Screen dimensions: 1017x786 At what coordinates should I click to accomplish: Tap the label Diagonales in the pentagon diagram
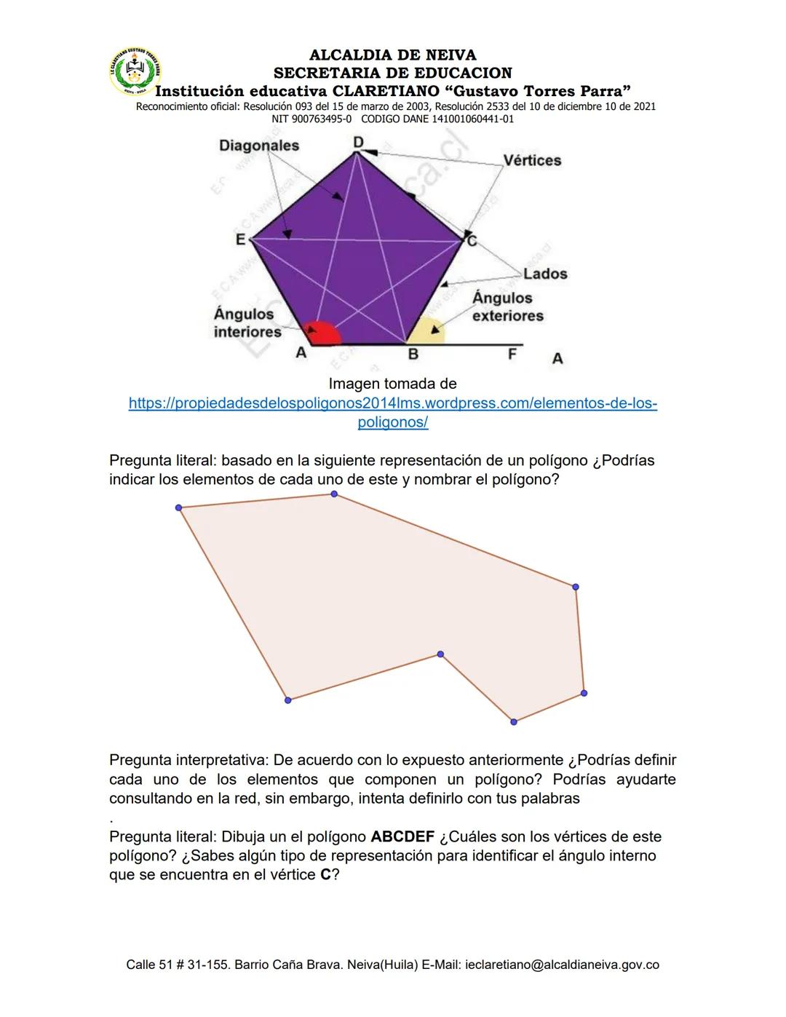tap(259, 146)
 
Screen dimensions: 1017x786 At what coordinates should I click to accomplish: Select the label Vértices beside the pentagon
tap(532, 160)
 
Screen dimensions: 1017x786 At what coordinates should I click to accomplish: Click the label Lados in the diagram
tap(545, 274)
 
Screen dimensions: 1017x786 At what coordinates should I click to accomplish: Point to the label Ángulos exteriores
tap(507, 306)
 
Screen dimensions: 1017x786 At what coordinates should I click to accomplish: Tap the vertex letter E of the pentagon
tap(240, 239)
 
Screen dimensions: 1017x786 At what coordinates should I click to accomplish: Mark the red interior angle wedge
tap(324, 333)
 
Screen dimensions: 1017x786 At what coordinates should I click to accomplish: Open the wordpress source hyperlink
tap(392, 412)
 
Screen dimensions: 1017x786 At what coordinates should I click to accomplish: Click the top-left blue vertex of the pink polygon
tap(179, 507)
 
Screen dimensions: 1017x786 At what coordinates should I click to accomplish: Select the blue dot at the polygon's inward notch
tap(440, 654)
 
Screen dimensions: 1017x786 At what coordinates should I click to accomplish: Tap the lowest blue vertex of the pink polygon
tap(514, 721)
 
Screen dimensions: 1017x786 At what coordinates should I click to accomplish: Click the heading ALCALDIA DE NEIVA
tap(392, 55)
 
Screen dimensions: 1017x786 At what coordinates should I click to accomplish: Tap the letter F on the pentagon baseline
tap(512, 354)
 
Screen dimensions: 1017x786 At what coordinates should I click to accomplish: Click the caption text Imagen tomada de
tap(392, 384)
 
